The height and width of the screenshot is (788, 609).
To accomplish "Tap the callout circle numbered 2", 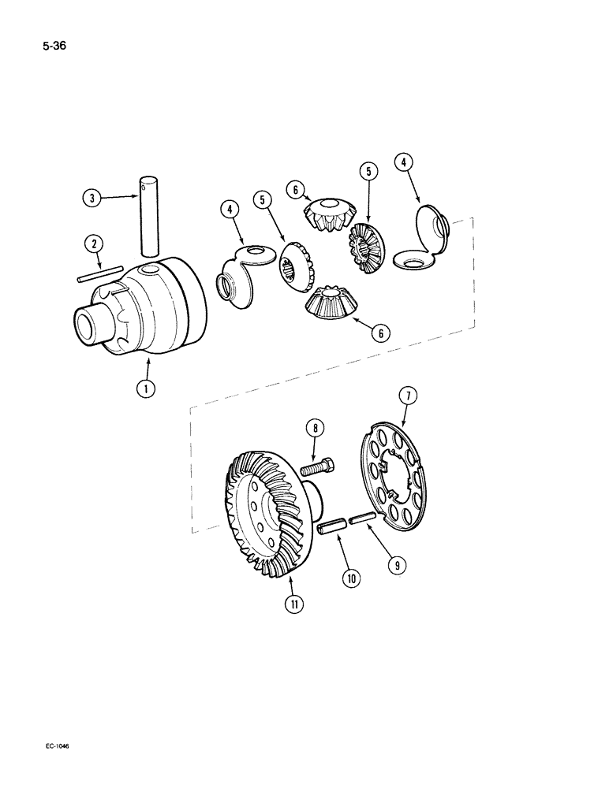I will coord(95,244).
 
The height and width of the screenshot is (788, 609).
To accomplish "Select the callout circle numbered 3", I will coord(92,199).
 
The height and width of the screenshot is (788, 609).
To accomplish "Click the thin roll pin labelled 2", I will coord(98,275).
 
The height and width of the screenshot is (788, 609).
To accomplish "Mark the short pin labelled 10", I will coord(331,527).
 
